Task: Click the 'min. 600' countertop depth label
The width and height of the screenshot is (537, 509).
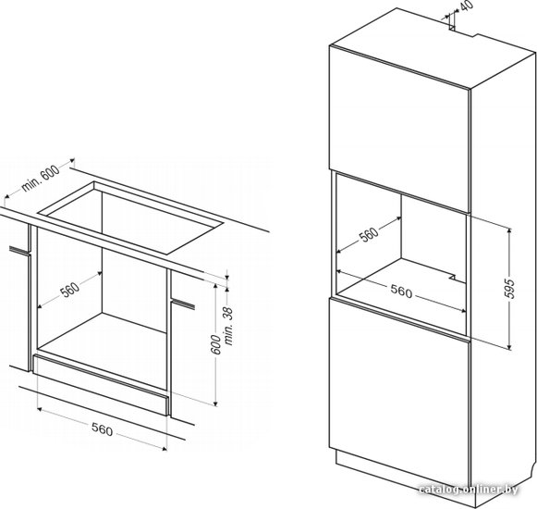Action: point(41,177)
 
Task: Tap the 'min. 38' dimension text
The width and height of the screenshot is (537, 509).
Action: point(228,326)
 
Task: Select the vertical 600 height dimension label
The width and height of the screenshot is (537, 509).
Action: point(215,344)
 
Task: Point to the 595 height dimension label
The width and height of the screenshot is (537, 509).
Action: point(510,288)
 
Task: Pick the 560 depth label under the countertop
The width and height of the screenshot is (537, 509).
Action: point(70,290)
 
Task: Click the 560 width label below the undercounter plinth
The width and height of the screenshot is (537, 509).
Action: point(102,429)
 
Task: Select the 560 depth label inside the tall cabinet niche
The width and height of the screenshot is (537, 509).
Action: point(369,235)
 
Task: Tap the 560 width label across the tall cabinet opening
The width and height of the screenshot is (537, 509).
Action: point(401,292)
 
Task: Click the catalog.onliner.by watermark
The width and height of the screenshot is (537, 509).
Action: point(469,490)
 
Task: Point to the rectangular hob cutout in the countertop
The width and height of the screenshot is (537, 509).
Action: point(131,218)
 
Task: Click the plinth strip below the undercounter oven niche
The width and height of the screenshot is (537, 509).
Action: point(102,385)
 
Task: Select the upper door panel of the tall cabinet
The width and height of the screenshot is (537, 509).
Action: point(399,129)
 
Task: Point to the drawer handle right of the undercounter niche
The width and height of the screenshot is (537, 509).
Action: point(183,304)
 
